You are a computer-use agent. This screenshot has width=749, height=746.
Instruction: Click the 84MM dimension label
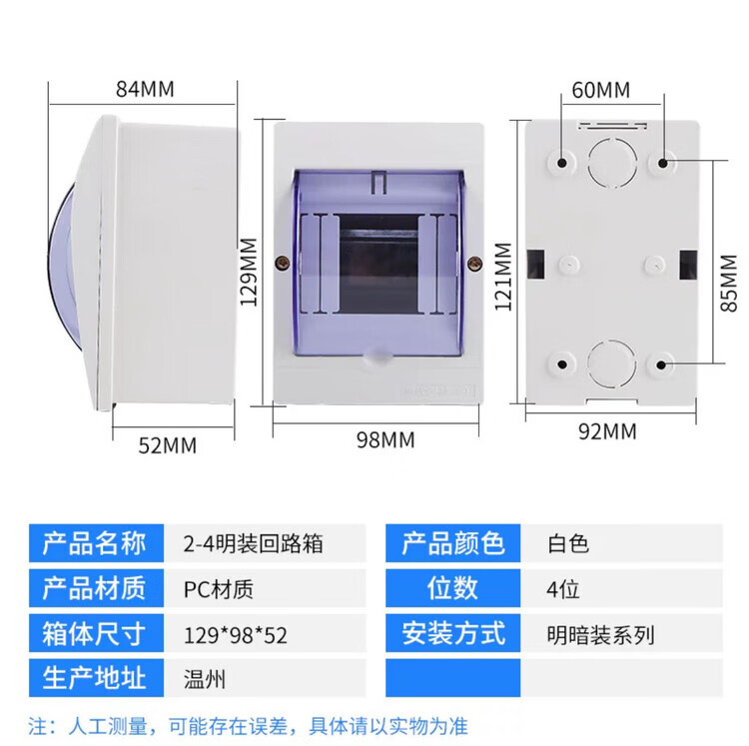point(145,88)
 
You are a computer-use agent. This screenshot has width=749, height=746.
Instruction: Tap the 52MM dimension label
point(167,444)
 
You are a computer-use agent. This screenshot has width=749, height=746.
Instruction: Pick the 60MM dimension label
point(601,90)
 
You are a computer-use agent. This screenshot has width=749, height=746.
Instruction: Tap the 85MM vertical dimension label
point(732,283)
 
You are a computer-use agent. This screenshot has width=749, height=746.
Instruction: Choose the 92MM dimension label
point(606,431)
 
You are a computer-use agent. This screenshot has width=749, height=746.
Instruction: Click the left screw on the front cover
point(284,263)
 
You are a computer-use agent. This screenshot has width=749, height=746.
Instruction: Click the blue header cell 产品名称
point(95,543)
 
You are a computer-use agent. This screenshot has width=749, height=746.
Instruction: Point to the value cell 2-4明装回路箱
point(254,544)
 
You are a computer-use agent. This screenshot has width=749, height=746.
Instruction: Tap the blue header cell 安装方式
point(453,633)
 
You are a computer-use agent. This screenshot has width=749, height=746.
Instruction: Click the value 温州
point(205,679)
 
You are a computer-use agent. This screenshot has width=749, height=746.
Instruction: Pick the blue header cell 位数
point(453,588)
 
